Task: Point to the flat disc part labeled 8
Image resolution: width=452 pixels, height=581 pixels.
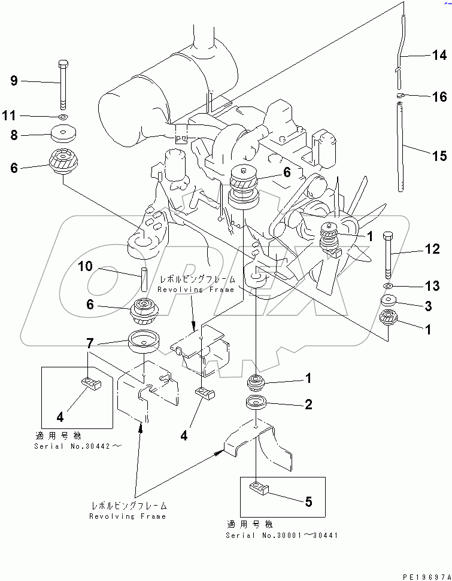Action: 63,133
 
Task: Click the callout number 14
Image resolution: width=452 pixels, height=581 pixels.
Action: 439,56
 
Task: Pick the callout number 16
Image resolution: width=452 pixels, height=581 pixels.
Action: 439,97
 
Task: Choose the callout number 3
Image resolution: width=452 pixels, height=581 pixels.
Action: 428,307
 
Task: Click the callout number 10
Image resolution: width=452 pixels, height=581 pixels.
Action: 86,266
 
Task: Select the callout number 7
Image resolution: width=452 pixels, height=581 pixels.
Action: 90,343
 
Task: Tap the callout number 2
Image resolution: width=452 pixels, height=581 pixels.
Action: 308,405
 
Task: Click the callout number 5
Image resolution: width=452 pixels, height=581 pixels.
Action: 308,501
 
